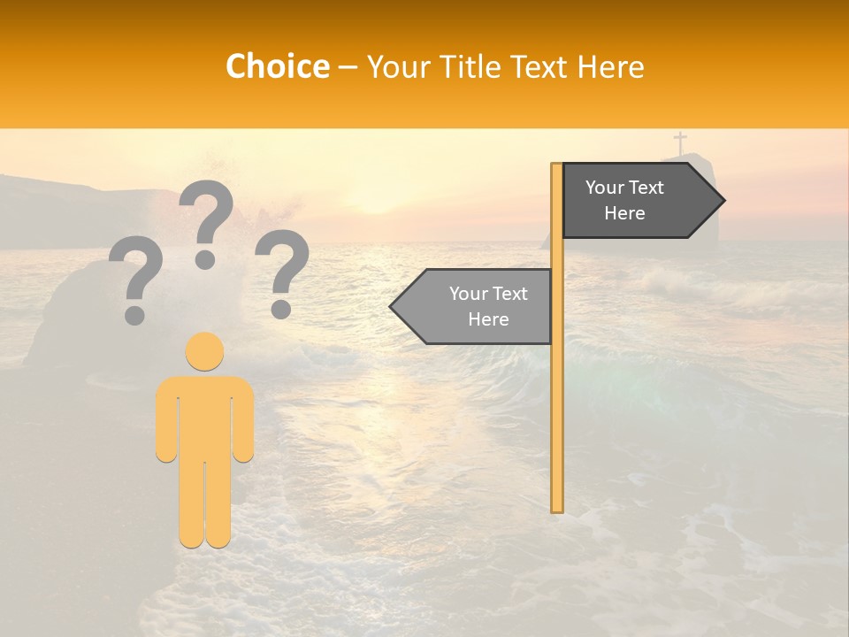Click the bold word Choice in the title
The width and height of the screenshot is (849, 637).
tap(277, 66)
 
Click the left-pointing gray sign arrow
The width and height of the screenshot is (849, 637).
tap(472, 306)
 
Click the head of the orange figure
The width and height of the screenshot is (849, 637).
tap(204, 351)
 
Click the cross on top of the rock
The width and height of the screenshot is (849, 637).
tap(680, 142)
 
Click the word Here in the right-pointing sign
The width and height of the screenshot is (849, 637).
tap(624, 213)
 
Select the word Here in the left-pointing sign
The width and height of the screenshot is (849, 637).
tap(488, 319)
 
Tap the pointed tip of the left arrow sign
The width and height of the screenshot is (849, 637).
tap(393, 306)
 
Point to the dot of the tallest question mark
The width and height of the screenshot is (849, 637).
tap(205, 258)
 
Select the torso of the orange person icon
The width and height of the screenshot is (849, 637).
tap(204, 416)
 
